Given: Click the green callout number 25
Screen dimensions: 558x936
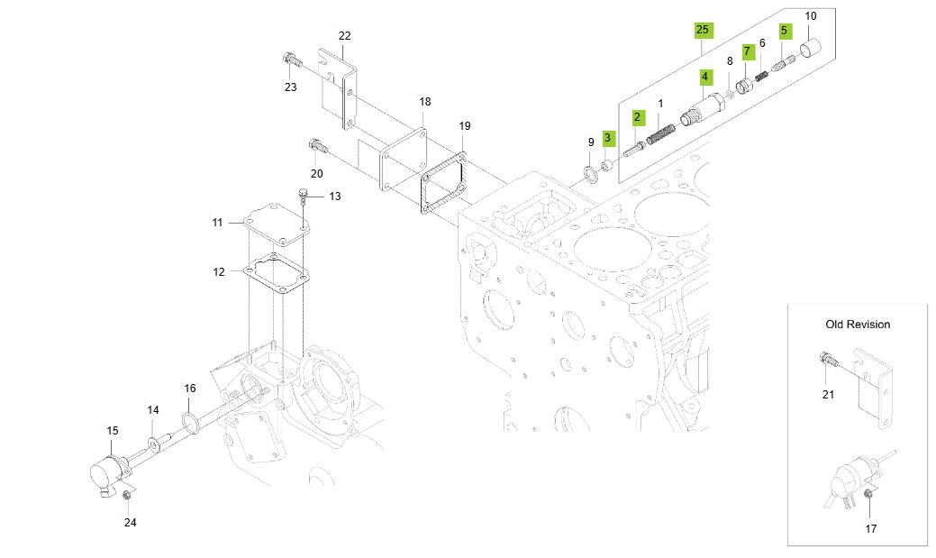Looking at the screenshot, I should point(703,30).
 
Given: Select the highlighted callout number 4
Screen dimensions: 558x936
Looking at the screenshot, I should point(704,78).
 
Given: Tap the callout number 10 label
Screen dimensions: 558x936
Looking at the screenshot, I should point(810,16).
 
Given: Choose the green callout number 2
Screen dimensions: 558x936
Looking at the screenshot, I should point(637,117).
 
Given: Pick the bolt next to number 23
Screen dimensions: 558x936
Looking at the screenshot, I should point(290,61).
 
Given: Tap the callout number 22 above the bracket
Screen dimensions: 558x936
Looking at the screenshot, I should point(344,36).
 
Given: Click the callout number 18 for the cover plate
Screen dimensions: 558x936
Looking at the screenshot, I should point(424,102).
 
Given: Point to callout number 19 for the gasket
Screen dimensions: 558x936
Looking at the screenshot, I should point(465,126).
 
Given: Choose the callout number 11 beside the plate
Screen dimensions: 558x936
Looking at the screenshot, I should point(217,222).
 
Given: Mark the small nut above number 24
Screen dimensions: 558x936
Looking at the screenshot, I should point(127,495).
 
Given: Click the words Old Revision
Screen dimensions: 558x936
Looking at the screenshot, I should point(857,325).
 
